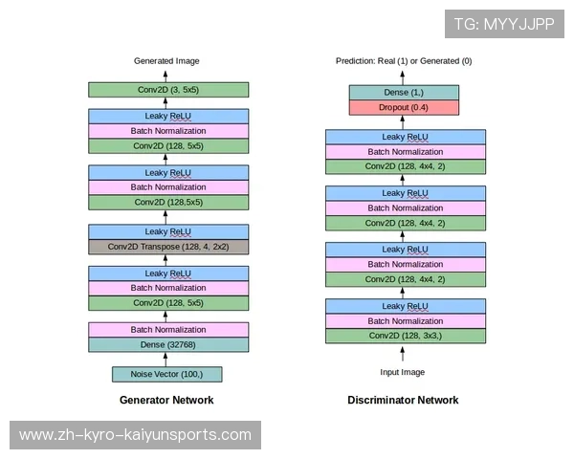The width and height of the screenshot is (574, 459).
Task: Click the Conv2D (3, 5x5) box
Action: click(168, 90)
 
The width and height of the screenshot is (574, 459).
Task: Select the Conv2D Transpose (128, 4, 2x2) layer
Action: click(168, 246)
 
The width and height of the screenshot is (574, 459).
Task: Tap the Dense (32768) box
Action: click(168, 344)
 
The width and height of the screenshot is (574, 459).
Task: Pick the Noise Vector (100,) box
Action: click(167, 374)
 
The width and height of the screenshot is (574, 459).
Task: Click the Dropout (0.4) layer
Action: click(404, 108)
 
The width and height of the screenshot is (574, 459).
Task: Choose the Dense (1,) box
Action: click(404, 93)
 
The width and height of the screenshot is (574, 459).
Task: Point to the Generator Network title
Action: click(166, 400)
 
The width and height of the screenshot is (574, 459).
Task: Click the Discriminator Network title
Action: click(403, 400)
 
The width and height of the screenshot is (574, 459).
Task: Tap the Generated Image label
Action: click(166, 61)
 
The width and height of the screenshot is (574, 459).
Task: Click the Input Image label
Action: click(403, 372)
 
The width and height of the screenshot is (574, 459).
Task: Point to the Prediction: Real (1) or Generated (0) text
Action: click(404, 61)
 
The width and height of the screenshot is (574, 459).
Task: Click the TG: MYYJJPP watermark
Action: click(503, 24)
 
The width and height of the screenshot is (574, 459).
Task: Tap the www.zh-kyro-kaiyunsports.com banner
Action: click(136, 435)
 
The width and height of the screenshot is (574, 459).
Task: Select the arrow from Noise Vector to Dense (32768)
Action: click(167, 360)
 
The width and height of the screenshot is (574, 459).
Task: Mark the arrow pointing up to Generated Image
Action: click(167, 75)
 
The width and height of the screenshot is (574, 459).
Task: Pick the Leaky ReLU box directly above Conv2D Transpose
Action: click(168, 231)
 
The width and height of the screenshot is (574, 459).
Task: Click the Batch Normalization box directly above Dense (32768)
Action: click(168, 330)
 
